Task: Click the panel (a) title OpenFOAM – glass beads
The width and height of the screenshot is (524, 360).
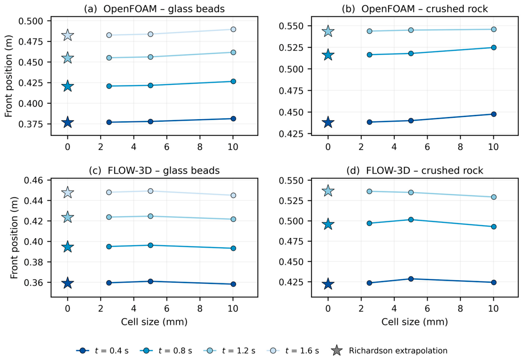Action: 164,9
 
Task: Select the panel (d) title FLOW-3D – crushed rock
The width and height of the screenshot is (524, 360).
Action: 424,171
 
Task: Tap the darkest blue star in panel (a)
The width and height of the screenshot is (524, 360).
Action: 67,122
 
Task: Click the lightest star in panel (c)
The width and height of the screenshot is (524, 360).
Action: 67,193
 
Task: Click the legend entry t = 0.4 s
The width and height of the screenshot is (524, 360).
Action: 102,351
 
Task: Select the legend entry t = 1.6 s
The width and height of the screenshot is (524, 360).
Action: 293,351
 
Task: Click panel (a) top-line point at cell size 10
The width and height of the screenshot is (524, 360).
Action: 233,29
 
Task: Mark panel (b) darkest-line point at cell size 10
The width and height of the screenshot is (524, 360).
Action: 494,114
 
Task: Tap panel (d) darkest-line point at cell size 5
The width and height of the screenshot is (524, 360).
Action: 411,279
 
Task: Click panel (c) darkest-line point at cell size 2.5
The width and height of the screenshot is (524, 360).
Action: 109,283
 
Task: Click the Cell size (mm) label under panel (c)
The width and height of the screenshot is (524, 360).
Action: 154,322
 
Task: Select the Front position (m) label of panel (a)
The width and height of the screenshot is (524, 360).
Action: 9,76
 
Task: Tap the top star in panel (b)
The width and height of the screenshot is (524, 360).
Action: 328,31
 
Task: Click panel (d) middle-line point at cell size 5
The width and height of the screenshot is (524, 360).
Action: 411,220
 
